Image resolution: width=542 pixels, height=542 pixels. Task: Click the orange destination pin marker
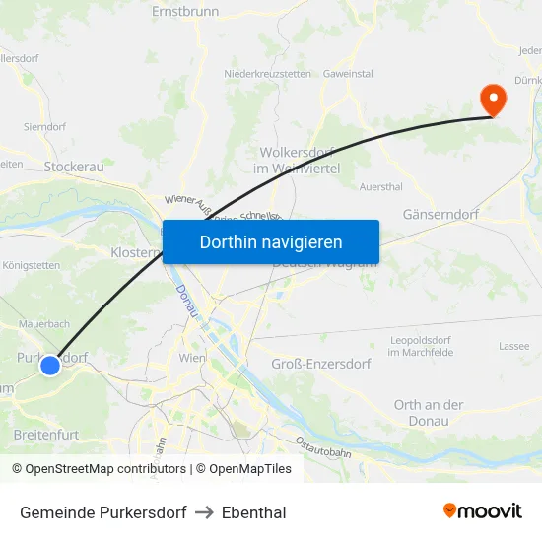point(491,100)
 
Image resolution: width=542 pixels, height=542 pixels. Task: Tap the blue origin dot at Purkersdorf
point(50,366)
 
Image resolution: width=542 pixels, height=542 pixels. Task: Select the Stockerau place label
point(74,167)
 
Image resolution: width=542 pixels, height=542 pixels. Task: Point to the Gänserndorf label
point(440,214)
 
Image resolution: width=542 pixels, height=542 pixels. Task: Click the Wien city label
point(192,358)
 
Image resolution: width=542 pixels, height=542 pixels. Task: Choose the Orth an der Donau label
point(429,413)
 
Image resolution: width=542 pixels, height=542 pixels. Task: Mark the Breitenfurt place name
point(45,434)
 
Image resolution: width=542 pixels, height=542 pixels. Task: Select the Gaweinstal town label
point(348,74)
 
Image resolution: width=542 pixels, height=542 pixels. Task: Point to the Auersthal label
point(381,186)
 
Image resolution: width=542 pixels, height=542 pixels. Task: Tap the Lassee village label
point(514,346)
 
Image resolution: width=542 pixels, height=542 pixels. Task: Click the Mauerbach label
point(43,323)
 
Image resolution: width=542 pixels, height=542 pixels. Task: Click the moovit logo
point(483,511)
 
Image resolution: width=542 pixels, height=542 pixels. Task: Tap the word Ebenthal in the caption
point(254,512)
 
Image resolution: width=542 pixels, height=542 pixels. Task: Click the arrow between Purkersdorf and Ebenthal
point(204,512)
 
